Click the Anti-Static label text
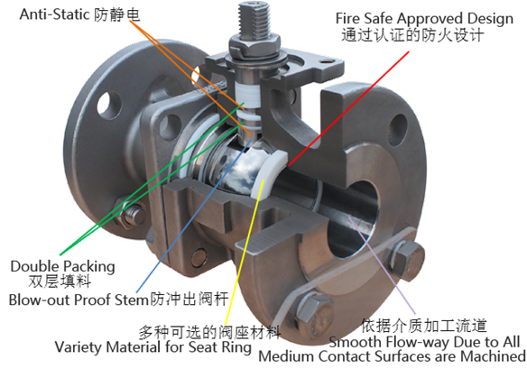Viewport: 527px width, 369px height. pos(54,14)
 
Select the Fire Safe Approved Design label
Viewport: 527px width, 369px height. pos(424,18)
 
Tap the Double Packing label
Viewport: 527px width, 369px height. pos(62,267)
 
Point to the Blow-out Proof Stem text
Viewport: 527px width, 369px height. pos(79,300)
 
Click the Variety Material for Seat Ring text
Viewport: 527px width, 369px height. pos(153,346)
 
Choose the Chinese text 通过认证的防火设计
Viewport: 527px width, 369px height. pos(412,35)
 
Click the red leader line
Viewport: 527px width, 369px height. pos(348,108)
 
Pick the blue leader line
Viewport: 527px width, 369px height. pos(194,217)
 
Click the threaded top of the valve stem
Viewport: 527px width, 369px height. pos(254,18)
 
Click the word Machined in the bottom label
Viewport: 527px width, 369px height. pos(493,356)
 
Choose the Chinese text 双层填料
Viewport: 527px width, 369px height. pos(60,281)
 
